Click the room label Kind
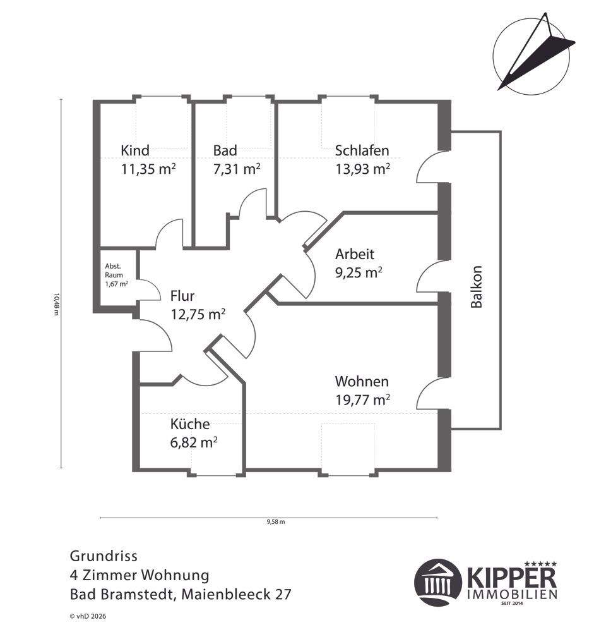[x=135, y=150]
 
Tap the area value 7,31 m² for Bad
[x=237, y=169]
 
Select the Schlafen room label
[x=362, y=150]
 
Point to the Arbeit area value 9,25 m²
[x=358, y=272]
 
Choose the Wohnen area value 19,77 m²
[x=362, y=399]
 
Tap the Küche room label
[x=190, y=425]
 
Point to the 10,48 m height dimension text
[x=56, y=304]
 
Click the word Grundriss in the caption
[x=103, y=556]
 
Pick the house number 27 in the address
[x=282, y=595]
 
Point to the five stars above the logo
[x=542, y=562]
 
